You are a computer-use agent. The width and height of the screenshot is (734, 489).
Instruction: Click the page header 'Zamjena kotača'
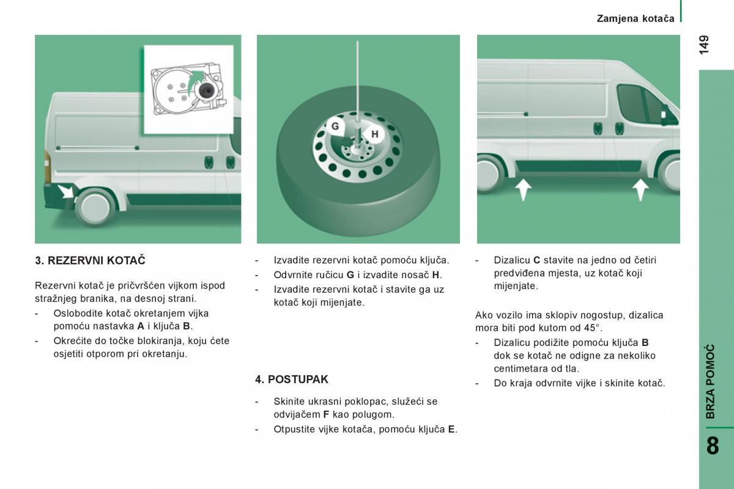636,18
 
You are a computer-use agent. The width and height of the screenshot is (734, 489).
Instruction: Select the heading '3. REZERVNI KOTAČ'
90,260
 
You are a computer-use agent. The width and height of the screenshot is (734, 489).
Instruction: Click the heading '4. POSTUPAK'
292,379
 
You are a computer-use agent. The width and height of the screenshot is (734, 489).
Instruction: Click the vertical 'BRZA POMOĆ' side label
710,381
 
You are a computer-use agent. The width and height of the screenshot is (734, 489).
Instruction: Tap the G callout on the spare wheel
335,127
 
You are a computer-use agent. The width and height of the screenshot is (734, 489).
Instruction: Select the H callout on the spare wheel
374,134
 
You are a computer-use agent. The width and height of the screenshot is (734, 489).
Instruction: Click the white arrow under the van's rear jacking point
524,189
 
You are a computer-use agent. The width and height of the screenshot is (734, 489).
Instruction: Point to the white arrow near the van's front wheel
640,189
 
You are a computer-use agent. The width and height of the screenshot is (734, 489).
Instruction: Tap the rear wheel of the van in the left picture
95,206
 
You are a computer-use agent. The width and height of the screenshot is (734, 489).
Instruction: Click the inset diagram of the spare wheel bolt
189,89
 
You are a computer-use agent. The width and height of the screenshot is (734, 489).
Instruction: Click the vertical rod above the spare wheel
357,79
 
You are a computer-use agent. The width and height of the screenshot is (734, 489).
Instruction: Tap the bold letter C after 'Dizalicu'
536,260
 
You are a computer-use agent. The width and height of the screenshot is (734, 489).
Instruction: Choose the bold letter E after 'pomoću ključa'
451,429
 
